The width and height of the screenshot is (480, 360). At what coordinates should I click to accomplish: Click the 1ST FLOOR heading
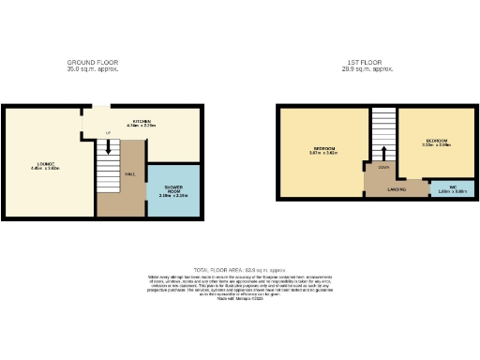click(367, 63)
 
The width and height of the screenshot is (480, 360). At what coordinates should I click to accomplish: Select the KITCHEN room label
click(142, 121)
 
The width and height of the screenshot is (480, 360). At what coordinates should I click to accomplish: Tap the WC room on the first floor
click(452, 187)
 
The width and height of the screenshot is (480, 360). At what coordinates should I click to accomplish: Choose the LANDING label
click(397, 188)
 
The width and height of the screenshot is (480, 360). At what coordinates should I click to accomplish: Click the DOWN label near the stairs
click(383, 168)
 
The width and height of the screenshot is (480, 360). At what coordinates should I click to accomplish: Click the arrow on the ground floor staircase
click(109, 147)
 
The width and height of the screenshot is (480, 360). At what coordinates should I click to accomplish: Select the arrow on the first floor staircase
click(383, 152)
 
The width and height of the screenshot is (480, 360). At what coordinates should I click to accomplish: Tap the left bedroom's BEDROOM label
click(324, 149)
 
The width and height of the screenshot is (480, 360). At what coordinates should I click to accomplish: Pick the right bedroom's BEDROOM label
click(436, 140)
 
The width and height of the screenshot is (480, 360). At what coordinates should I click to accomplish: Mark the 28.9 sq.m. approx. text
click(367, 69)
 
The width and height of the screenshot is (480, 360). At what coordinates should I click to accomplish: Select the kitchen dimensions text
click(142, 126)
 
